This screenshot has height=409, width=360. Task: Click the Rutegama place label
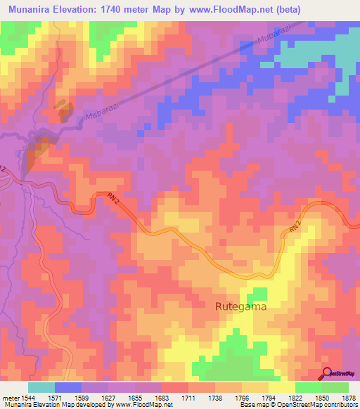coord(241,307)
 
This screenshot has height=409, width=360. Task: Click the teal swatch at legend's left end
coord(41,387)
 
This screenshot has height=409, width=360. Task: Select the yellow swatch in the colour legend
coord(282,387)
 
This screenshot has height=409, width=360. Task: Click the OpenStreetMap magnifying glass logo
coord(328,373)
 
